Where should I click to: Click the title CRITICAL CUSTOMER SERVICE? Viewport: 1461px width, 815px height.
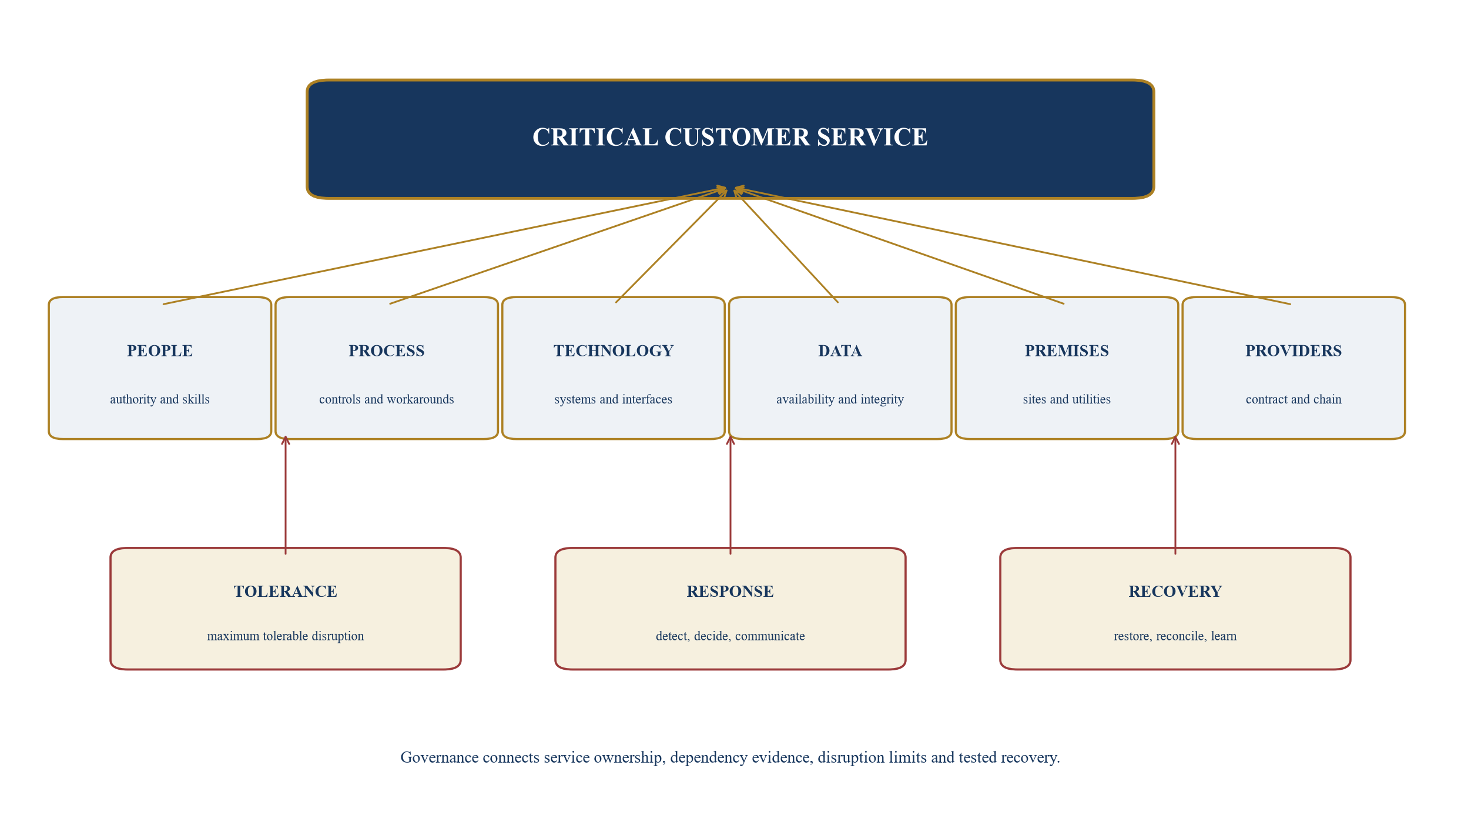(730, 137)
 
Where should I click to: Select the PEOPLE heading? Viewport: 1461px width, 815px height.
(160, 351)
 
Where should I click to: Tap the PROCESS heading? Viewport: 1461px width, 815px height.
(387, 351)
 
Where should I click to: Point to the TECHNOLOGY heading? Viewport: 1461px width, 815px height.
(614, 351)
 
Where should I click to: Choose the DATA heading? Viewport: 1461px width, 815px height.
(840, 351)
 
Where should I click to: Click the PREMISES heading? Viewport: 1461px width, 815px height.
(1067, 351)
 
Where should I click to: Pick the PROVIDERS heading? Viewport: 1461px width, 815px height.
(1294, 351)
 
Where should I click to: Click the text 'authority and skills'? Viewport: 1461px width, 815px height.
(160, 399)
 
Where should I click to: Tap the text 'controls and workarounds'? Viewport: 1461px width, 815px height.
(387, 399)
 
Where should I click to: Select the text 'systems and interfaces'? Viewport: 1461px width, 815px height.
(614, 399)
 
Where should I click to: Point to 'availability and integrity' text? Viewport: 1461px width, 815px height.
(840, 399)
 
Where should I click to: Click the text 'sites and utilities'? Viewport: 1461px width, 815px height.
(1067, 399)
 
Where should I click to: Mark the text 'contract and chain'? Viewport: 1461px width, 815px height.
(1294, 399)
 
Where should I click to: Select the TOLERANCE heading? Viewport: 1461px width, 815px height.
(286, 592)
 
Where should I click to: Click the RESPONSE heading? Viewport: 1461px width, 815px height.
(730, 592)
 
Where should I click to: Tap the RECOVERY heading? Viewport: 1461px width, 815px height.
(1175, 592)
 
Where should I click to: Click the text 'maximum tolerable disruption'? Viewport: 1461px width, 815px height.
(286, 636)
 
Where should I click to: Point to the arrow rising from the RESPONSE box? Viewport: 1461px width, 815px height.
(730, 495)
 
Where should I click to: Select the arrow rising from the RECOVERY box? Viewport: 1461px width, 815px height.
(1175, 495)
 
